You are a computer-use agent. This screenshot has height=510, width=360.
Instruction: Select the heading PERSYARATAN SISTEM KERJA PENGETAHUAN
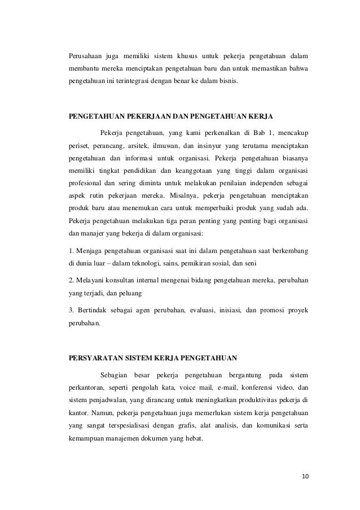tap(153, 358)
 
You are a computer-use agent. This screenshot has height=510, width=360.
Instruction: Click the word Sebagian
tap(115, 376)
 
